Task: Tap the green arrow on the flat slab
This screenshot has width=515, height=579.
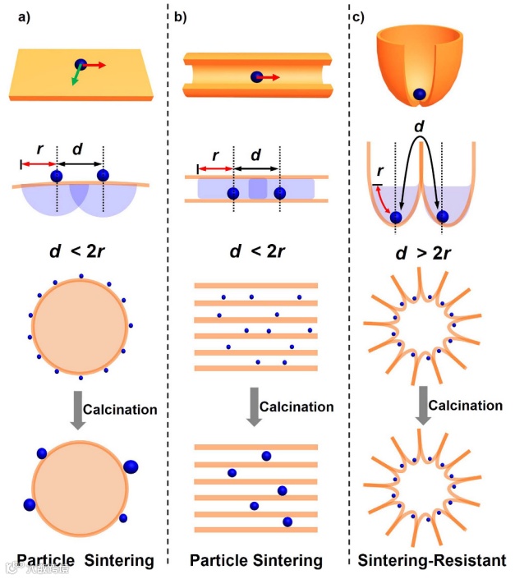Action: coord(76,79)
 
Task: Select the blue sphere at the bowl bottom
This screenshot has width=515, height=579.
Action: coord(420,95)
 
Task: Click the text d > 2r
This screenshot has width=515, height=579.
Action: coord(422,251)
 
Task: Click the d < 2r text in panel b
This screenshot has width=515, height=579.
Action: coord(256,251)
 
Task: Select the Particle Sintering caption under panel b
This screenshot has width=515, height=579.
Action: coord(255,561)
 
